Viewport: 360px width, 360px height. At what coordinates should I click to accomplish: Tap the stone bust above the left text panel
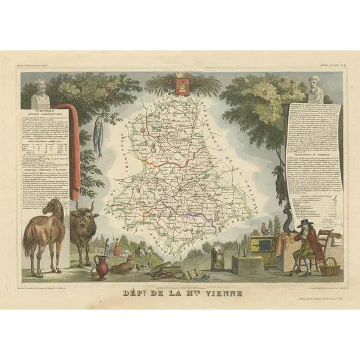41,91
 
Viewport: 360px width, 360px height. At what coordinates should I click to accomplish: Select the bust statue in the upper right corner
317,90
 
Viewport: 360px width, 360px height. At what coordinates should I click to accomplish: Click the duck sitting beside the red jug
121,265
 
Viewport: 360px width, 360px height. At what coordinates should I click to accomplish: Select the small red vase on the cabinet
263,230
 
